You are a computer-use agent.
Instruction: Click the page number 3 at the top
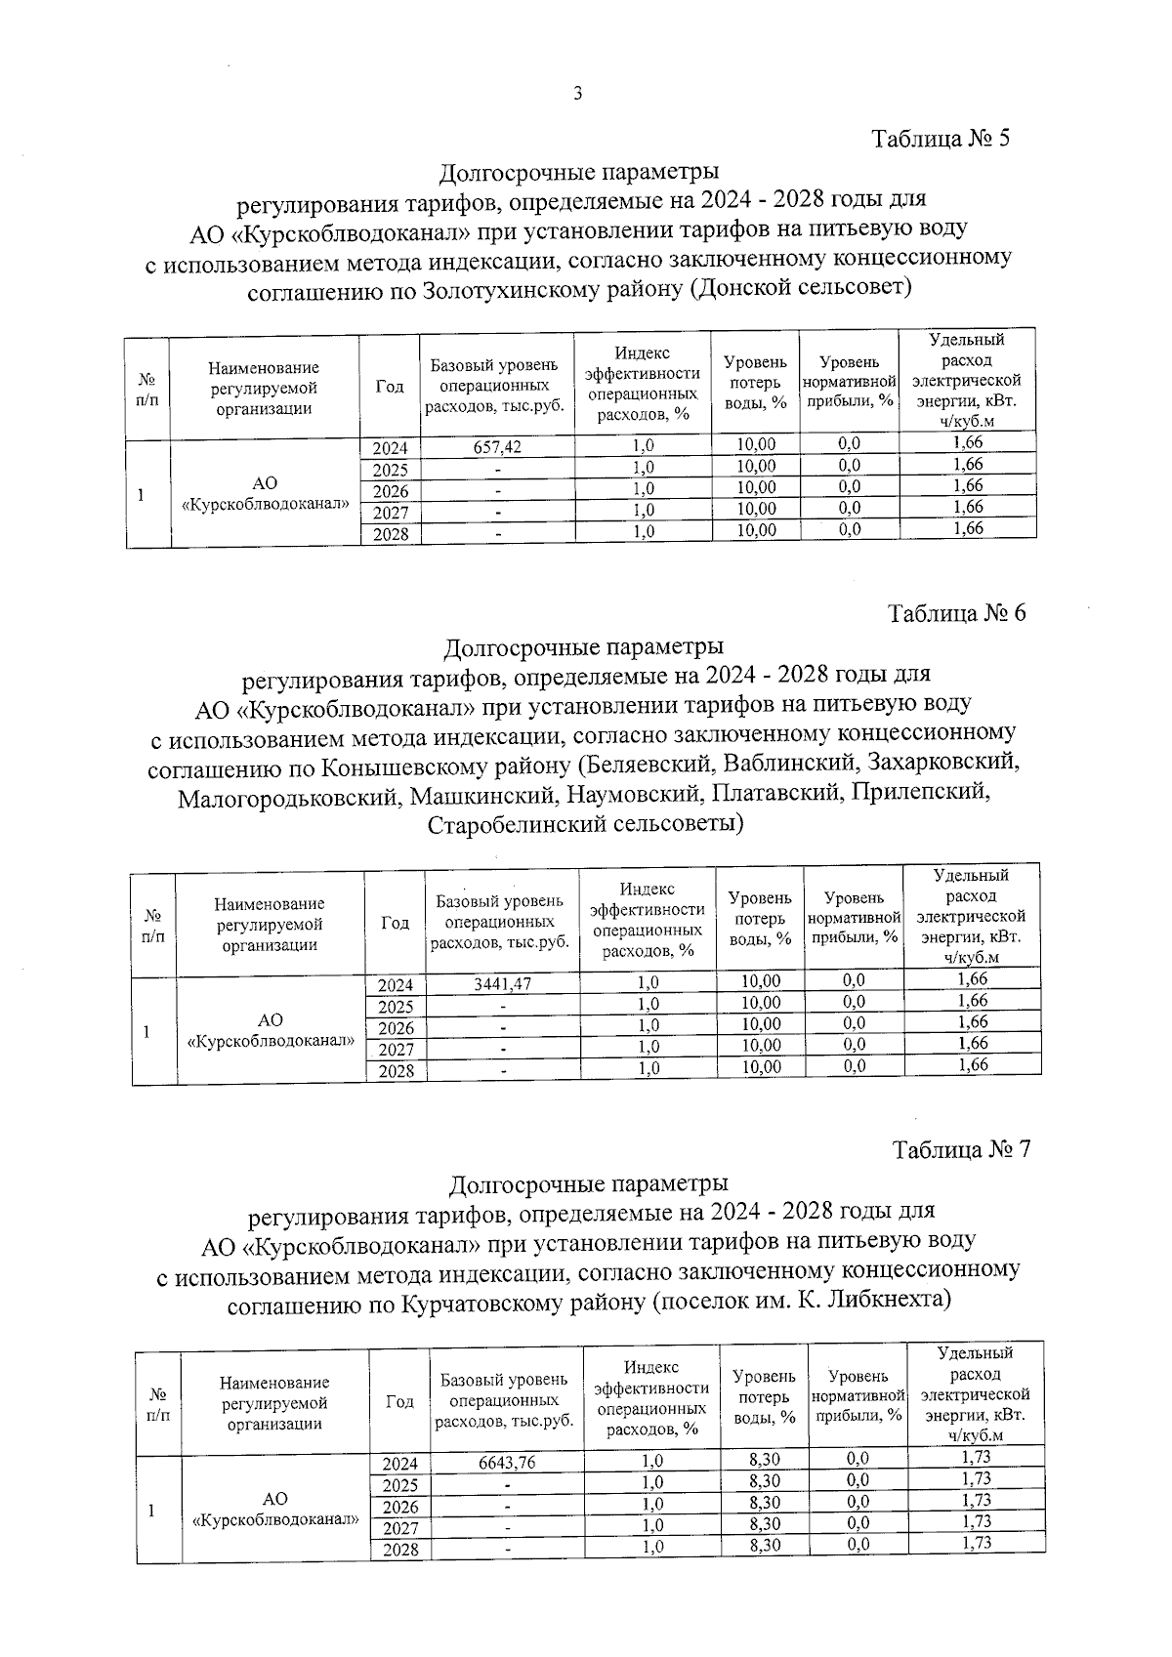(577, 94)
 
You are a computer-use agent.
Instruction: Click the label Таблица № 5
(940, 138)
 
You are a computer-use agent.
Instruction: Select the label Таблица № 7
(961, 1148)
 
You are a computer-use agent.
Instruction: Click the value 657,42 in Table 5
(497, 446)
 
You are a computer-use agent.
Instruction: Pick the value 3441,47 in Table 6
(502, 983)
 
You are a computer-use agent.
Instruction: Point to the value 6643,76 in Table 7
(508, 1463)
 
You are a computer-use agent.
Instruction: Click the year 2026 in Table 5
(391, 491)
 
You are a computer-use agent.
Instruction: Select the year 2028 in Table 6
(396, 1071)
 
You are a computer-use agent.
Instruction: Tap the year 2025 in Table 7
(400, 1485)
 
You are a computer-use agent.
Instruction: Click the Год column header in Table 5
(390, 387)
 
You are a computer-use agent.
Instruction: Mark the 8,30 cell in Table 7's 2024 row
(765, 1459)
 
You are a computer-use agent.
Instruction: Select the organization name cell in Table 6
(270, 1031)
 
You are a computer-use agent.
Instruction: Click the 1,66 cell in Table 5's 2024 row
(967, 442)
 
